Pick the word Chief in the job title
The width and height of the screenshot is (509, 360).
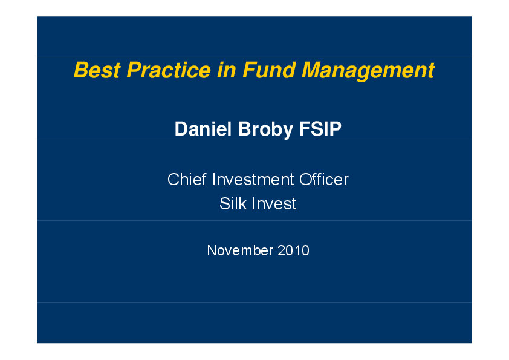coord(187,180)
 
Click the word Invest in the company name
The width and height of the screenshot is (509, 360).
coord(274,204)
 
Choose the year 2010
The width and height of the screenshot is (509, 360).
coord(294,250)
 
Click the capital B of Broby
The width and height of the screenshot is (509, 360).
coord(244,129)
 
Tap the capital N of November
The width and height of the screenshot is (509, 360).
coord(212,250)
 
